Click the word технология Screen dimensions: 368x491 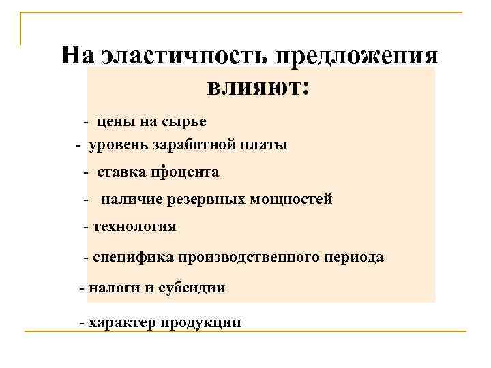point(134,227)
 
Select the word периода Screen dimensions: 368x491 point(355,258)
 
